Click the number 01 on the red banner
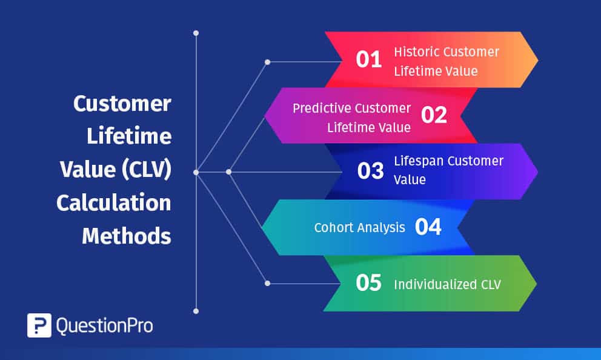(x=368, y=59)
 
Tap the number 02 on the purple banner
(x=434, y=115)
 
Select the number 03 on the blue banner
(x=370, y=171)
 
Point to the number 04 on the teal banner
(x=428, y=227)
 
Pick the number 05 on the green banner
(x=368, y=283)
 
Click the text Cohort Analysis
(x=359, y=228)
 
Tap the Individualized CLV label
(x=447, y=284)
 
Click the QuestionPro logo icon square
(x=39, y=325)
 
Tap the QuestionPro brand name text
(x=104, y=326)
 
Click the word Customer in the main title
(x=122, y=104)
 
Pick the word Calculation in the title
(x=114, y=203)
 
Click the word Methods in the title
(x=127, y=236)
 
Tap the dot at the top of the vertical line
(x=196, y=33)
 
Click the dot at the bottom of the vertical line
(x=196, y=311)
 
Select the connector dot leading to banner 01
(x=267, y=62)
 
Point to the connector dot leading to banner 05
(x=267, y=282)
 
